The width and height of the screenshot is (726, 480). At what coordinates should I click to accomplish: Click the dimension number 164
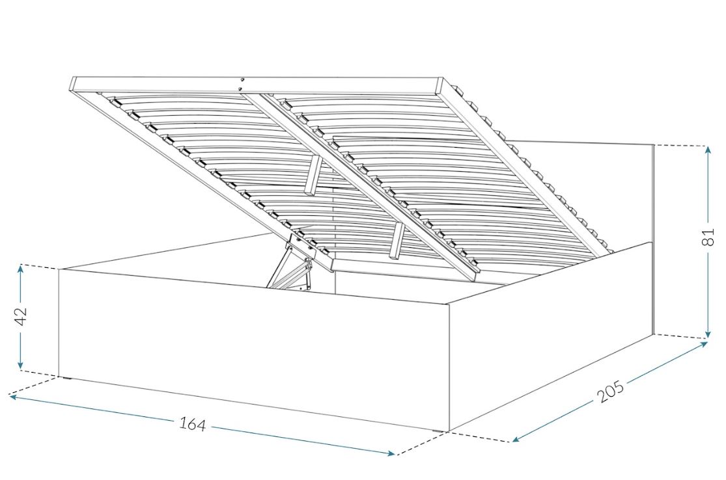(192, 423)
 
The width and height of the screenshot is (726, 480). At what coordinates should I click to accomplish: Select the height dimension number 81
(708, 236)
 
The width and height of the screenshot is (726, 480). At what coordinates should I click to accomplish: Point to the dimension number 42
(21, 316)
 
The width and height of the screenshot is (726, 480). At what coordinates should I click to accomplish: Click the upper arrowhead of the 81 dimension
(708, 150)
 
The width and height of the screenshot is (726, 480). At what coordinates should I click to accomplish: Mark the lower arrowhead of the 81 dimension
(708, 334)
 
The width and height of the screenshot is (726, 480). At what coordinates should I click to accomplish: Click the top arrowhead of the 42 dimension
(20, 268)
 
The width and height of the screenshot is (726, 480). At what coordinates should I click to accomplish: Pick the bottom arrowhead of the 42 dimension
(20, 366)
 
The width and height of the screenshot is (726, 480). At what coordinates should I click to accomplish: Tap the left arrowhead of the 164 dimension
(14, 396)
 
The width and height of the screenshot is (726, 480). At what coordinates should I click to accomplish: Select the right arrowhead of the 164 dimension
(390, 453)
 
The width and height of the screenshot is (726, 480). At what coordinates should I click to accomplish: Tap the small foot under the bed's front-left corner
(68, 379)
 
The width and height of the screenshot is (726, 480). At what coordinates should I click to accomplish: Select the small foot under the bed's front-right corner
(436, 432)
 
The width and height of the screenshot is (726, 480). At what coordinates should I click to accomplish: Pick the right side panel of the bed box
(551, 337)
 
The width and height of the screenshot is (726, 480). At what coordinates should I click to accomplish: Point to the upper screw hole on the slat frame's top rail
(242, 79)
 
